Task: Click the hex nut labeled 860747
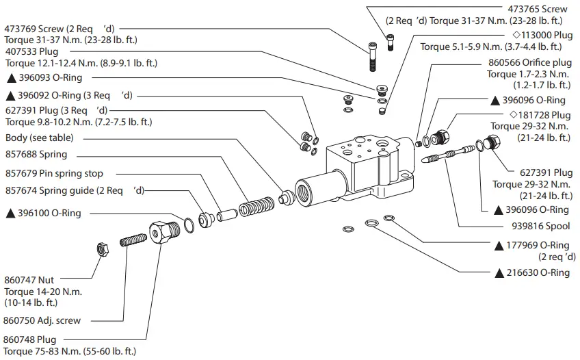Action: coord(101,249)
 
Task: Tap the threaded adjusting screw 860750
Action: coord(133,241)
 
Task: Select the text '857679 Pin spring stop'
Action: coord(54,174)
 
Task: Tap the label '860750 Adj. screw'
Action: coord(42,320)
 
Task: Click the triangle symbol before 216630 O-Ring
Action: coord(499,273)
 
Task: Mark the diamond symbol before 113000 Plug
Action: coord(507,35)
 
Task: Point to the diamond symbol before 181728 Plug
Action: coord(512,115)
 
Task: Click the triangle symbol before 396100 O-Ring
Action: coord(10,214)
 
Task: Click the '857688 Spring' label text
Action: coord(36,155)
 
